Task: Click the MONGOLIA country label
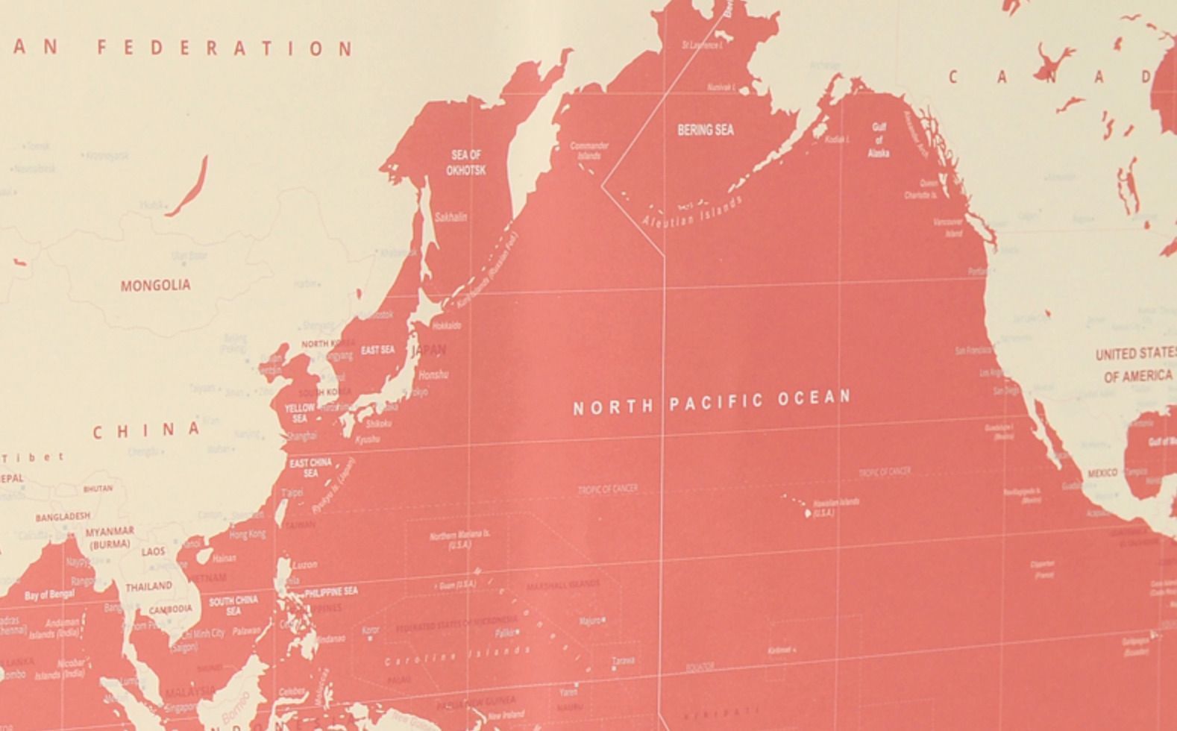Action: [155, 285]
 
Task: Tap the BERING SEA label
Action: [705, 130]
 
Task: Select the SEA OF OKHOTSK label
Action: [466, 163]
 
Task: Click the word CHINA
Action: [147, 430]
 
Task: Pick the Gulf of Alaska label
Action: [879, 140]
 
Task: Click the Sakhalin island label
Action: [451, 217]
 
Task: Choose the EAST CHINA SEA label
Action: [310, 468]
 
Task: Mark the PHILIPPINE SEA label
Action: [330, 592]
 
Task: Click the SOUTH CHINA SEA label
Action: [233, 605]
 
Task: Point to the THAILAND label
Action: [148, 586]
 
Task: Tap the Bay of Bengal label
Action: [49, 594]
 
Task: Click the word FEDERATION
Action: [225, 48]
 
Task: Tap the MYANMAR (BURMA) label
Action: [110, 538]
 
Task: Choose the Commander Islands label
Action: [589, 151]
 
